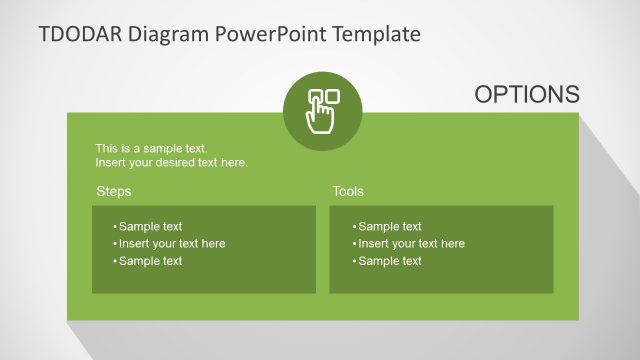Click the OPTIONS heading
tap(526, 94)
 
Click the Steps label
tap(113, 191)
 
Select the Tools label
tap(348, 191)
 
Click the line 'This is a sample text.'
tap(151, 149)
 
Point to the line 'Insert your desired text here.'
tap(171, 162)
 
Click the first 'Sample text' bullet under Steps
tap(150, 226)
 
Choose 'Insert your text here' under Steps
tap(171, 243)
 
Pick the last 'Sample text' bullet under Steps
tap(150, 261)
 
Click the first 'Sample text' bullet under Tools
tap(389, 226)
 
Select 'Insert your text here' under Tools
tap(411, 243)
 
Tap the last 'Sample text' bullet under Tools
tap(389, 261)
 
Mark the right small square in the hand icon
tap(333, 97)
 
